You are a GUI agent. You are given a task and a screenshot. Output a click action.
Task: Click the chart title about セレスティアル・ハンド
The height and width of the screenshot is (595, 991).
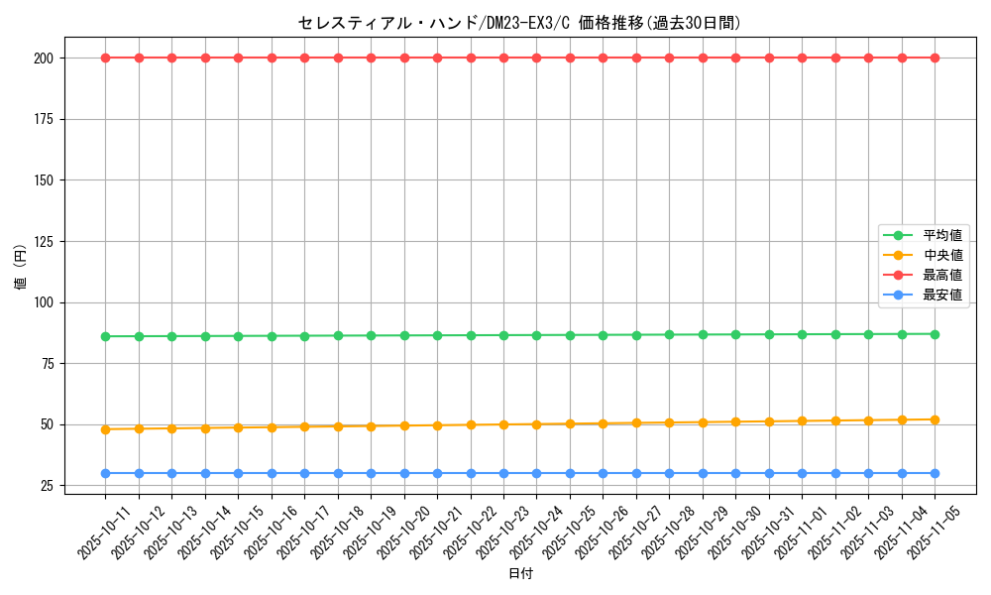coord(519,23)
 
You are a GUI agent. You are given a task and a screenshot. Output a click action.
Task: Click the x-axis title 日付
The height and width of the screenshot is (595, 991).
coord(520,574)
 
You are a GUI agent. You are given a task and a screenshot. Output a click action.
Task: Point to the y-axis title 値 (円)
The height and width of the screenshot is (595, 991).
coord(20,268)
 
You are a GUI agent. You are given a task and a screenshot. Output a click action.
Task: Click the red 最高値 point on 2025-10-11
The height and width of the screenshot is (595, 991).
coord(105,58)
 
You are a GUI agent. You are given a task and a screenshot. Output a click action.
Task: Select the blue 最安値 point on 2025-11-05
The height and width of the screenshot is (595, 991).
coord(935,473)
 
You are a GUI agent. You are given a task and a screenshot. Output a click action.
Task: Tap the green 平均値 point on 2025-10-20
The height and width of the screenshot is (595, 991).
coord(404,335)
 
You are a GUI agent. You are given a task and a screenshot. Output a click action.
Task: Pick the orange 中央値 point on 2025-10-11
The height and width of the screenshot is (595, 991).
coord(105,429)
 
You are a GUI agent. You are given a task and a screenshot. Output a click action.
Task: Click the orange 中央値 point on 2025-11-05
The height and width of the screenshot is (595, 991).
coord(935,419)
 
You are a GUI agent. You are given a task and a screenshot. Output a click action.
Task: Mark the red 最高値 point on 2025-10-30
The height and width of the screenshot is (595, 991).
coord(735,58)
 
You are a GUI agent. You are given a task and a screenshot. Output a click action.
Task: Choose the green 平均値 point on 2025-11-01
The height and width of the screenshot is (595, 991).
coord(802,334)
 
